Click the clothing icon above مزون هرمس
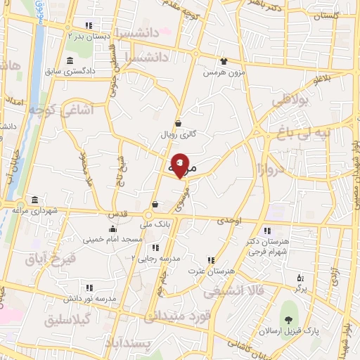[x=224, y=61]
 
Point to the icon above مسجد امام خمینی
[x=112, y=229]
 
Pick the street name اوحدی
[x=229, y=221]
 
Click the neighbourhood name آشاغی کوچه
[x=58, y=110]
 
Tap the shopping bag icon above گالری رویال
[x=178, y=122]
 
